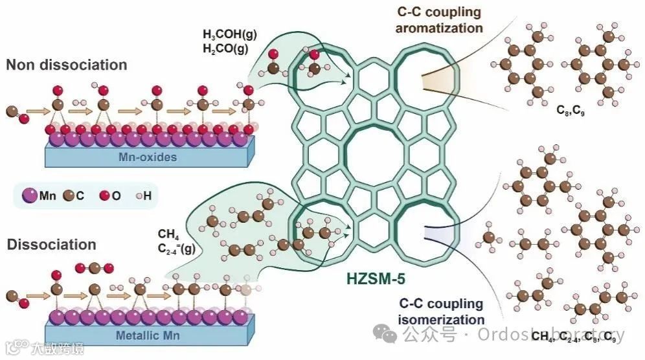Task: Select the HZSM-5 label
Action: (x=370, y=280)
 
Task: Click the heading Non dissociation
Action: (x=67, y=65)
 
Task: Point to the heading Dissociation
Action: (x=51, y=245)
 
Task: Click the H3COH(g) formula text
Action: (x=229, y=34)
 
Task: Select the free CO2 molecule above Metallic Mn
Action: (x=95, y=267)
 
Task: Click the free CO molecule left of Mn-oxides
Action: (x=17, y=115)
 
